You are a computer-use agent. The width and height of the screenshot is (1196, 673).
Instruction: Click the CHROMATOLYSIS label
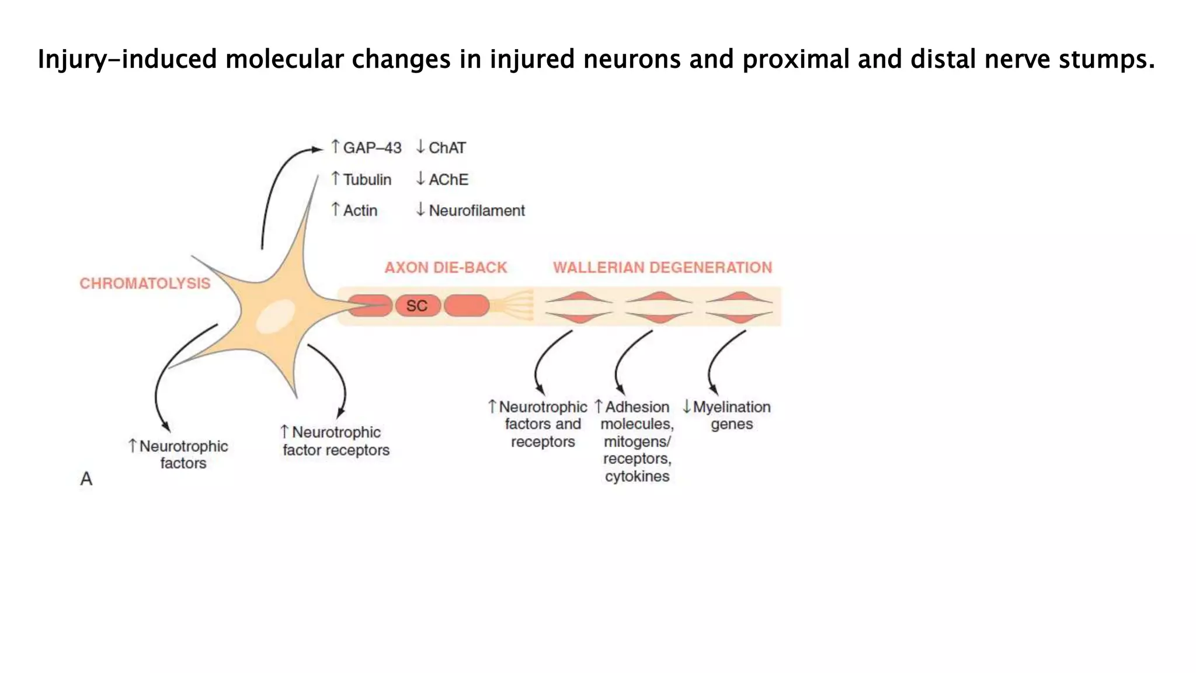point(145,284)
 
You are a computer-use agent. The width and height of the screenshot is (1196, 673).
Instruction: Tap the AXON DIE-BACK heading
point(446,268)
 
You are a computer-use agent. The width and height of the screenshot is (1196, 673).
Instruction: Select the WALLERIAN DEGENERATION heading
point(662,268)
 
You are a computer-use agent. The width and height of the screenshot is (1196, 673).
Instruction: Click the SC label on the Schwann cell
point(416,306)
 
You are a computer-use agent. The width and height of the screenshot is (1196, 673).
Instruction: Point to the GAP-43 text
point(372,148)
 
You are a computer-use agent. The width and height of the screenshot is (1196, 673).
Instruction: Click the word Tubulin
point(367,179)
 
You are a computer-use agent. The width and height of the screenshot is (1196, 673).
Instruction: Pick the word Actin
point(360,211)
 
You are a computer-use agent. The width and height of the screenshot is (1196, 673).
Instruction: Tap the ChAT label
point(447,148)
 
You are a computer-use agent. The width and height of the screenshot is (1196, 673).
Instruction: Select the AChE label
point(448,179)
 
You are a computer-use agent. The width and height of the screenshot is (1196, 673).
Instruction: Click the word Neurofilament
point(477,211)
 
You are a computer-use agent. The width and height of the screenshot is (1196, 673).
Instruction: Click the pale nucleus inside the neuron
point(276,316)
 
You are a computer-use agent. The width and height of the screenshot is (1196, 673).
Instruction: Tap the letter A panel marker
point(86,479)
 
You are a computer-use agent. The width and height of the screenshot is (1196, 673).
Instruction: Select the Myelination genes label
point(731,415)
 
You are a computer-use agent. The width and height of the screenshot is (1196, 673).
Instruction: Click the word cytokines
point(637,477)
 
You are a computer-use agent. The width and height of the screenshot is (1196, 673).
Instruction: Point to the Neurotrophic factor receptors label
point(336,441)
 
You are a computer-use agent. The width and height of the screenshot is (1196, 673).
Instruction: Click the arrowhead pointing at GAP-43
point(318,150)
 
